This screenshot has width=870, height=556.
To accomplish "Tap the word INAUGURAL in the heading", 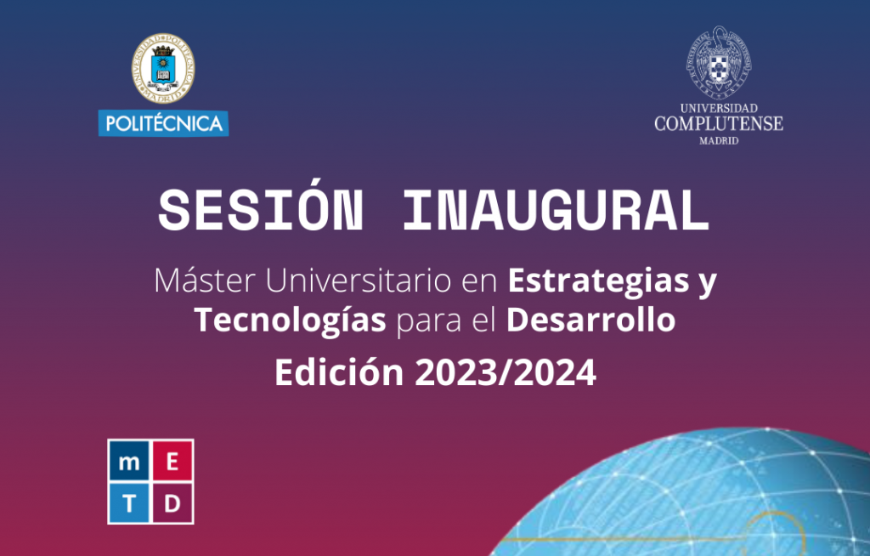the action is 556,211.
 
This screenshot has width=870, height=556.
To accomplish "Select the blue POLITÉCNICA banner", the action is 164,123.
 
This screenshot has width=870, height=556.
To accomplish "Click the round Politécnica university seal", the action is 163,68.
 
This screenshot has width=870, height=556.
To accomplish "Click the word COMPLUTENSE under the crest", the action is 719,124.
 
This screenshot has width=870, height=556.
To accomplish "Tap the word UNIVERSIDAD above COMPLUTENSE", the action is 719,108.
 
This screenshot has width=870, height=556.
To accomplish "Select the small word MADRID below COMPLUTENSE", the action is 719,141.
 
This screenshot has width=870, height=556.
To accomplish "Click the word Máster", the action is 204,281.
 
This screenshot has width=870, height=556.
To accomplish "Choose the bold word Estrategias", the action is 597,281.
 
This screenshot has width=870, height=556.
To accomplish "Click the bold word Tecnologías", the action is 291,321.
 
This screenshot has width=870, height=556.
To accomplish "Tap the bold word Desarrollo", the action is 591,321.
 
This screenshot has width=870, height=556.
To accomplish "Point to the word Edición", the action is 339,372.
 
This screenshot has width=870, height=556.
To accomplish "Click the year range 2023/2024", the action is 506,372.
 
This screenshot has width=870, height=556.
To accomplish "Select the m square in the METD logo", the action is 129,461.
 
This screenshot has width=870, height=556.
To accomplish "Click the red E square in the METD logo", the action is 172,461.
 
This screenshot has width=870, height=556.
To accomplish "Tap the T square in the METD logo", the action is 129,502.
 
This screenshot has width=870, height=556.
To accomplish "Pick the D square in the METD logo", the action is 172,502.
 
